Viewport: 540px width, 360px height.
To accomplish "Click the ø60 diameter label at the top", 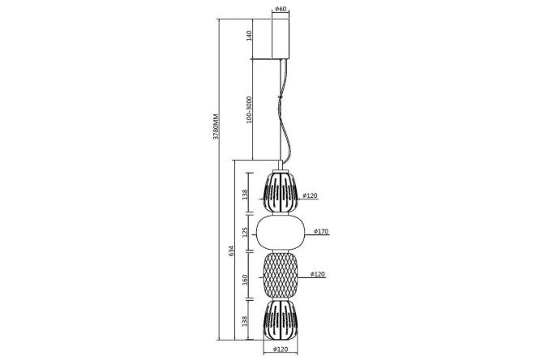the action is (281, 9).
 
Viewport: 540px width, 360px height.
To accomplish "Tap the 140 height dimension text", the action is (250, 36).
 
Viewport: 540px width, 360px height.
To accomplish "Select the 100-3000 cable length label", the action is (250, 109).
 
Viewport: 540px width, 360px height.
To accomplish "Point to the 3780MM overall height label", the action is (216, 126).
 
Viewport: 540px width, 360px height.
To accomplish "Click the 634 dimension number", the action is (231, 251).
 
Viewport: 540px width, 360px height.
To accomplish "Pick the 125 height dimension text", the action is (245, 233).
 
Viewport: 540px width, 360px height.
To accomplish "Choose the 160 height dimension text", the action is (245, 279).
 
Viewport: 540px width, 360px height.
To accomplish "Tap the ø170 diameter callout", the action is (321, 231).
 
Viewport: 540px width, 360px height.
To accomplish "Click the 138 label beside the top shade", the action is (245, 195).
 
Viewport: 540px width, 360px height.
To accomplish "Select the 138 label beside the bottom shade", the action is (245, 321).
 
